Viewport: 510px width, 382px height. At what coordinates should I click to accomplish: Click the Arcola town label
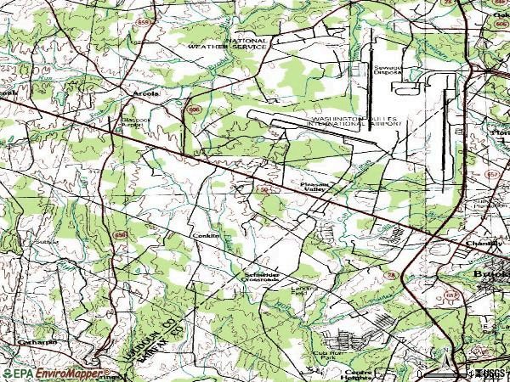click(x=145, y=94)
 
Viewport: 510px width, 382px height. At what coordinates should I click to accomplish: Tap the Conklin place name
click(x=206, y=235)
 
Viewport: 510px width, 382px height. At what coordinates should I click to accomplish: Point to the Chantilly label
click(x=484, y=244)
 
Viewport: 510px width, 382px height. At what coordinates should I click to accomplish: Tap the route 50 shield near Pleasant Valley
click(x=265, y=191)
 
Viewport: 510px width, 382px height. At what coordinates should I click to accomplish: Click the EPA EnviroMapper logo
click(x=55, y=373)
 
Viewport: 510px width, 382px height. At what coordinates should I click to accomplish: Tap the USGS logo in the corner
click(x=489, y=373)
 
